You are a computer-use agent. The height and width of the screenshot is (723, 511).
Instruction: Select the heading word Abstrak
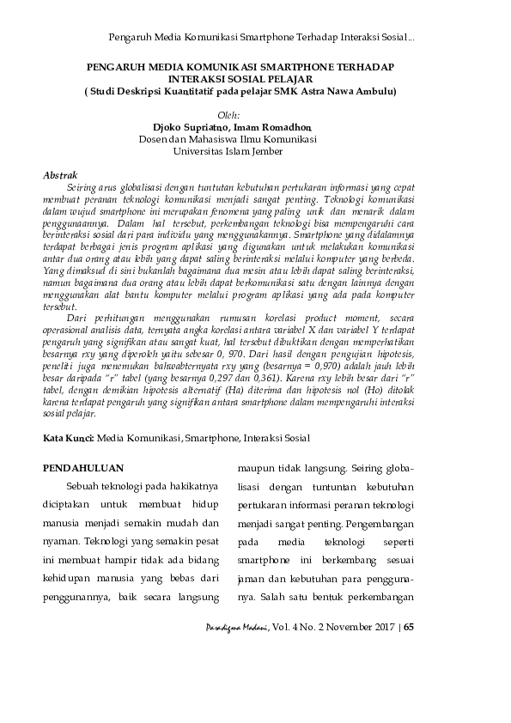click(60, 175)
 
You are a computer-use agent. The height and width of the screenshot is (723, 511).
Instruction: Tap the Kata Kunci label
click(68, 438)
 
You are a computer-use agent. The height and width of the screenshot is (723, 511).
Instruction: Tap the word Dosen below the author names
click(154, 140)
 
